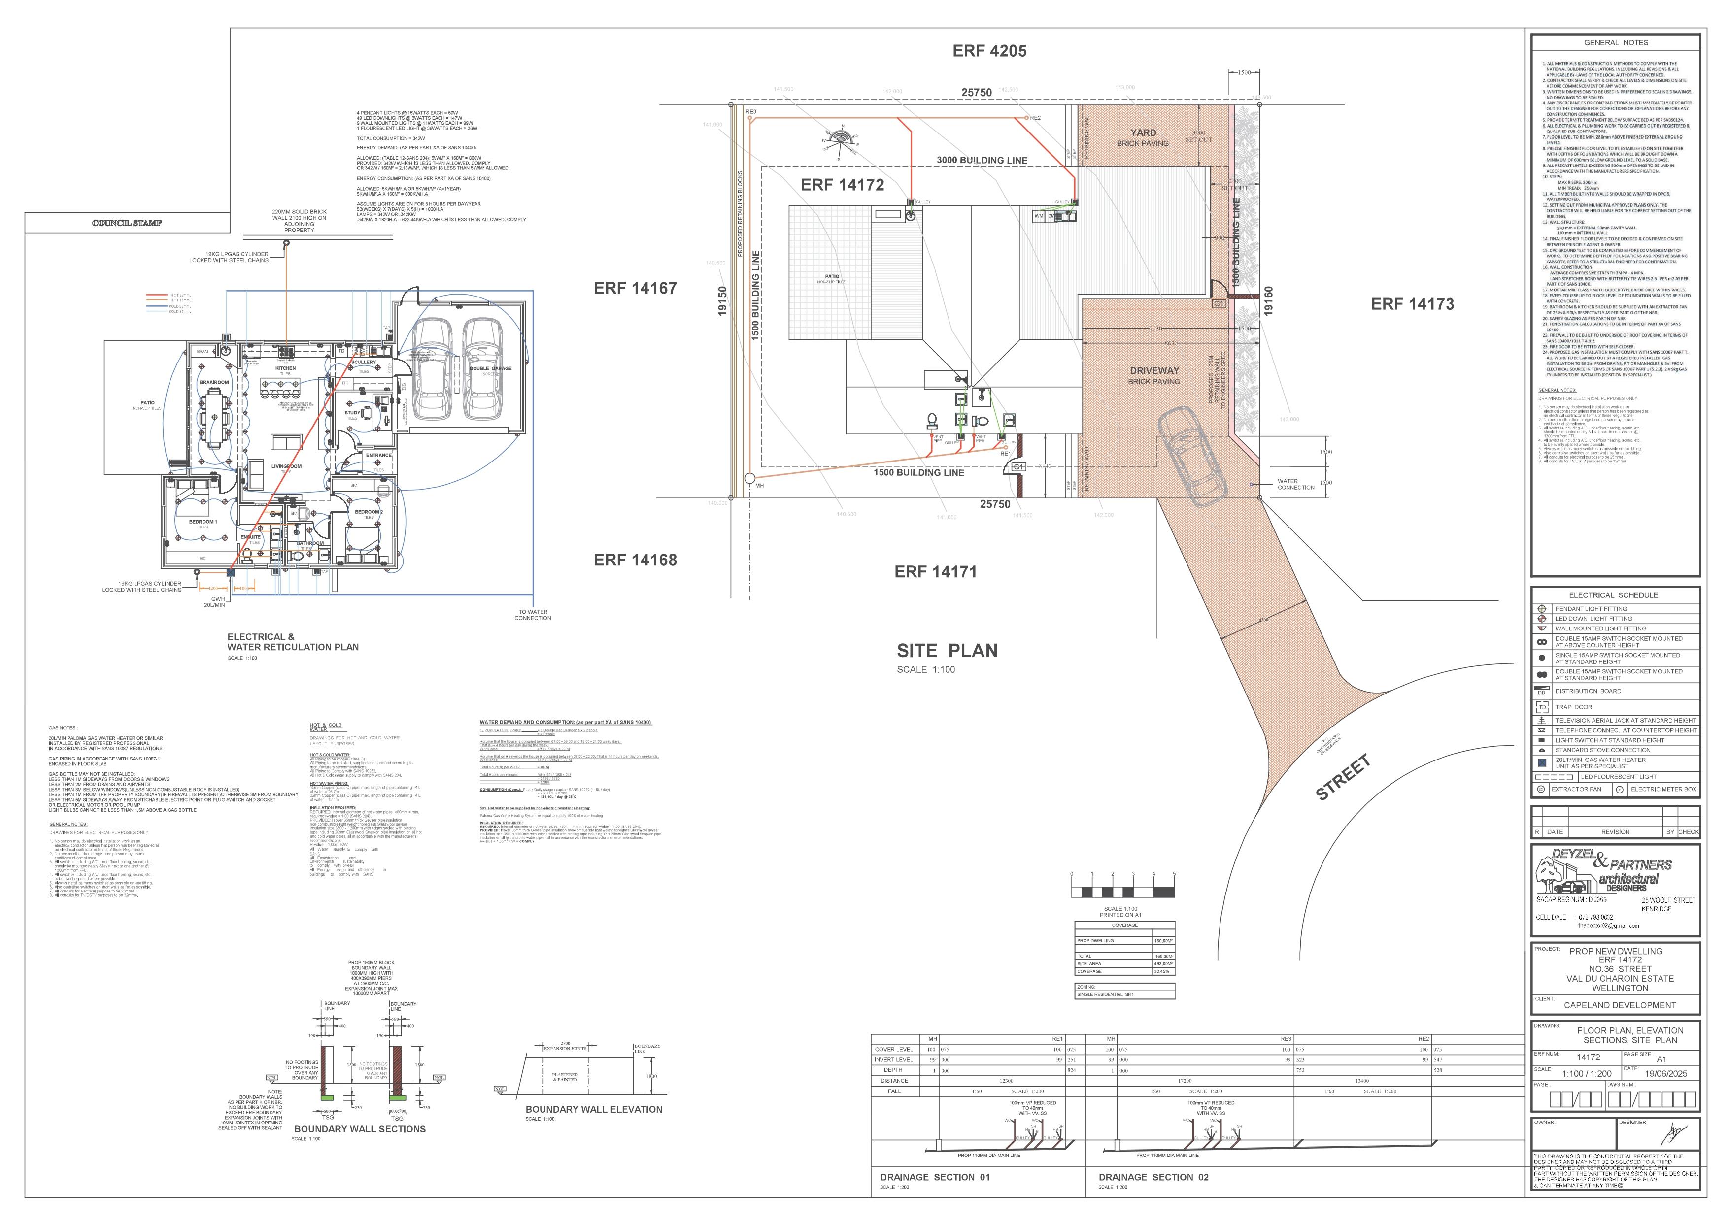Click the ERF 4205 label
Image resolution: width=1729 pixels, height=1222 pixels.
coord(989,51)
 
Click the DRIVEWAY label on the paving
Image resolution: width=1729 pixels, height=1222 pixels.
coord(1153,370)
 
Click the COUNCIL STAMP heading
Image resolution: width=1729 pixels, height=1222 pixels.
coord(127,223)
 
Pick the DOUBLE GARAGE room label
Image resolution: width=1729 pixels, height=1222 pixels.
coord(490,369)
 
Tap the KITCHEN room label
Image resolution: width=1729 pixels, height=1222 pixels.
coord(285,369)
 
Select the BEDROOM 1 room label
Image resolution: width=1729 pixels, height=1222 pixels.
coord(203,522)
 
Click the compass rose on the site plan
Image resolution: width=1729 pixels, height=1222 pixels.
coord(841,139)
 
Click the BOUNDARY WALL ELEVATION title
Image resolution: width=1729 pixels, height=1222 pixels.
coord(593,1109)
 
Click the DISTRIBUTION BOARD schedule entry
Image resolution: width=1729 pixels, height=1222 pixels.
coord(1588,691)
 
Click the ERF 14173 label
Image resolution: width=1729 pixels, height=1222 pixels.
coord(1412,304)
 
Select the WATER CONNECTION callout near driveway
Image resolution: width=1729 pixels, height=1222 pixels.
coord(1295,484)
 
